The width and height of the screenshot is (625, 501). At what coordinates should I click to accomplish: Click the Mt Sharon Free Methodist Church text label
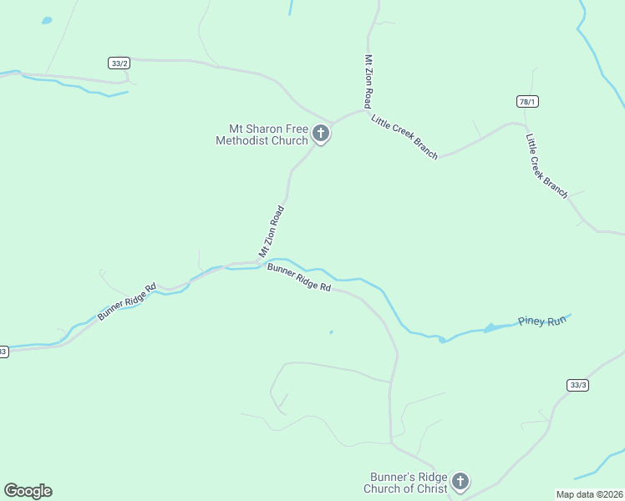coord(262,134)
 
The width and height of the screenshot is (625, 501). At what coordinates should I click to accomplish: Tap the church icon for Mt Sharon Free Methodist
coord(320,134)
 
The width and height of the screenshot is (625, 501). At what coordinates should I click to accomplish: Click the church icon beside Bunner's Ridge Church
coord(460,482)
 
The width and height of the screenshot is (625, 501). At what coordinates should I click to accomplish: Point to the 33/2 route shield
coord(119,63)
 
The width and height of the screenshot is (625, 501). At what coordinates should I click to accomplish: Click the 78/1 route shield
coord(527,101)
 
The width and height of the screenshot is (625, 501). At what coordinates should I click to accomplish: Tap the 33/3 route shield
coord(577,385)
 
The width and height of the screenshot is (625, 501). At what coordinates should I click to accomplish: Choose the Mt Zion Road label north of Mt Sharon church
coord(368,80)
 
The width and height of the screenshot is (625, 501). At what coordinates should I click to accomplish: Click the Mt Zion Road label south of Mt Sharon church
coord(272,231)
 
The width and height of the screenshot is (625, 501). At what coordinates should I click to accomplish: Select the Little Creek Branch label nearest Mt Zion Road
coord(404,135)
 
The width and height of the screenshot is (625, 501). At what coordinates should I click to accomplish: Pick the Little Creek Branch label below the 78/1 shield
coord(546,165)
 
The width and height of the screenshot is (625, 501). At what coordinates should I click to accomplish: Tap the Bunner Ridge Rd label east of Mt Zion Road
coord(299,277)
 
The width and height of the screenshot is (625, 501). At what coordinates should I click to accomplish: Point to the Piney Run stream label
coord(542,321)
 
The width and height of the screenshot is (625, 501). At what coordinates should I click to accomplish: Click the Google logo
coord(28,491)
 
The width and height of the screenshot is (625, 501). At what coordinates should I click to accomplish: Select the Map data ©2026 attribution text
coord(590,493)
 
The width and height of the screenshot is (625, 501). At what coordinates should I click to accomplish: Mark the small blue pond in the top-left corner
coord(47,20)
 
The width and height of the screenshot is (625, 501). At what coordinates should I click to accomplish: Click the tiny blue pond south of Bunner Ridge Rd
coord(331,332)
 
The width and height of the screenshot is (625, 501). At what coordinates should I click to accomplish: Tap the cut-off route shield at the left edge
coord(3,352)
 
